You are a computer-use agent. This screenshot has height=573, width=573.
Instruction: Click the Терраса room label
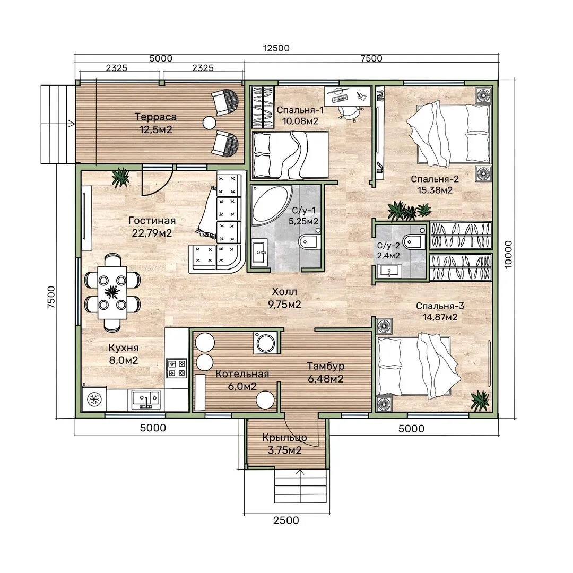pyautogui.click(x=155, y=117)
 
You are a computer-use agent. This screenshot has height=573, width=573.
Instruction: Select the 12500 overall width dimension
pyautogui.click(x=276, y=48)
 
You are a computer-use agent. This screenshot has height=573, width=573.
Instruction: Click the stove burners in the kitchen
pyautogui.click(x=177, y=368)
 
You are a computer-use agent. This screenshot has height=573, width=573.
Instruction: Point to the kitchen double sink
pyautogui.click(x=146, y=400)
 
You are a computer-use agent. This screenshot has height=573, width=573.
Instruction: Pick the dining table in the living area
pyautogui.click(x=112, y=292)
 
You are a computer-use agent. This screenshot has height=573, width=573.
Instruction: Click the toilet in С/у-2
pyautogui.click(x=414, y=241)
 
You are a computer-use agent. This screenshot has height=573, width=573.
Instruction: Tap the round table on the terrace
pyautogui.click(x=210, y=123)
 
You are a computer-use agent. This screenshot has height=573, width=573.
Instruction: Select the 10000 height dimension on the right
pyautogui.click(x=508, y=254)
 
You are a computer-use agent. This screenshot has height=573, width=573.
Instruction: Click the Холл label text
pyautogui.click(x=284, y=292)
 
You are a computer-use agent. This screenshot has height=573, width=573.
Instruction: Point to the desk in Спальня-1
pyautogui.click(x=348, y=95)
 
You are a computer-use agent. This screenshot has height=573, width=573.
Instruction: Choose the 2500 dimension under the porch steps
pyautogui.click(x=286, y=520)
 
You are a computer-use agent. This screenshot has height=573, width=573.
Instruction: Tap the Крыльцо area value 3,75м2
pyautogui.click(x=285, y=450)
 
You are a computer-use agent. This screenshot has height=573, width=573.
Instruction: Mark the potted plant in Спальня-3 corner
pyautogui.click(x=480, y=400)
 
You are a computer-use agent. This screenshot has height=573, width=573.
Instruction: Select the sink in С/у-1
pyautogui.click(x=260, y=251)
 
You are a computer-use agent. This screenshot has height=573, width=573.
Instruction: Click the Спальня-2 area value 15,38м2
pyautogui.click(x=435, y=190)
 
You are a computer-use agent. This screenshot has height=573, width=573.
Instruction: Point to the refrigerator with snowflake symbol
pyautogui.click(x=94, y=400)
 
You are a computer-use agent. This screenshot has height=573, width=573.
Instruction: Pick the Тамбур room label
pyautogui.click(x=326, y=366)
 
